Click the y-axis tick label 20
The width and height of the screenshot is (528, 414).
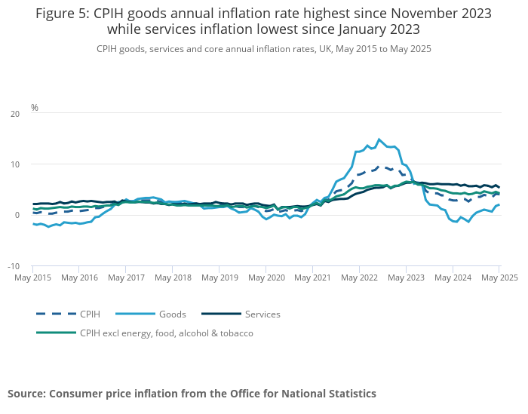click(15, 114)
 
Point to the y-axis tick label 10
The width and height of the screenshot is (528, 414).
click(15, 164)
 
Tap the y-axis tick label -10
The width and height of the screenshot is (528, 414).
click(14, 266)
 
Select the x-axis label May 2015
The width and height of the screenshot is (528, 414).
click(32, 278)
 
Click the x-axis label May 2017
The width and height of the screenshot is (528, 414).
click(125, 278)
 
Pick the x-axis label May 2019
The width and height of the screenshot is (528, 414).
click(219, 278)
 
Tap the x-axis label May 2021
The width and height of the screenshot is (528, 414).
click(312, 278)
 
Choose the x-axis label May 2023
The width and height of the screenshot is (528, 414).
click(406, 278)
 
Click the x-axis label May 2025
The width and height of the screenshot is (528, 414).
click(499, 278)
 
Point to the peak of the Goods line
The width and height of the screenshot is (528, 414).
click(379, 139)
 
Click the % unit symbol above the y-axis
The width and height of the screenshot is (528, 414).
click(35, 108)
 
